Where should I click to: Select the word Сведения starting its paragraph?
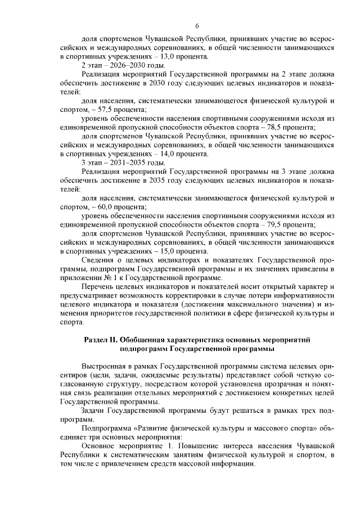100,261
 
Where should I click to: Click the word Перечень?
100,287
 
